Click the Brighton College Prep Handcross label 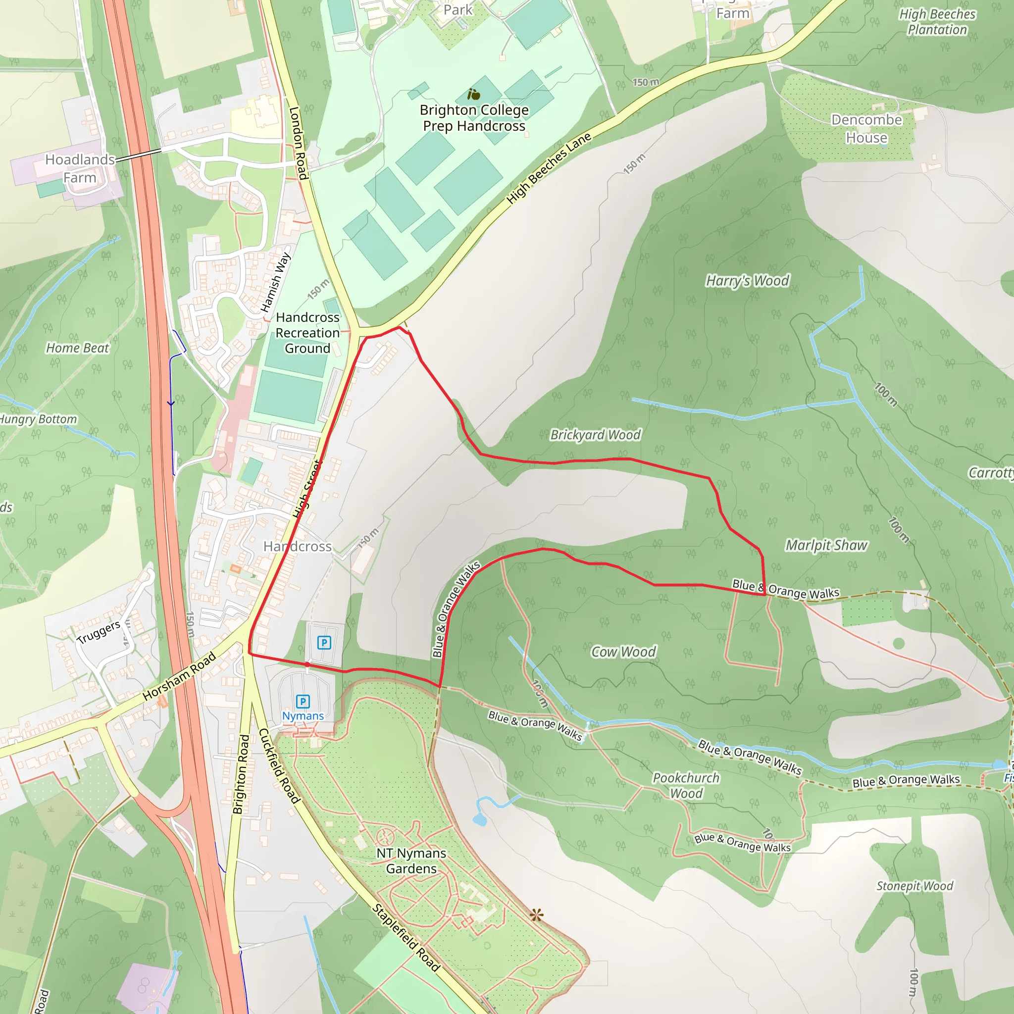pos(474,118)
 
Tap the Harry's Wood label pos(747,281)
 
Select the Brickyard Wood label pos(595,435)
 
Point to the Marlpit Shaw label pos(826,545)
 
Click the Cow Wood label pos(623,652)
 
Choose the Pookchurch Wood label pos(686,786)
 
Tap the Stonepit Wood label pos(914,886)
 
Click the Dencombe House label pos(866,129)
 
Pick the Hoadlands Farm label pos(80,168)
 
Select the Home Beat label pos(78,348)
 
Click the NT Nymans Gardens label pos(411,861)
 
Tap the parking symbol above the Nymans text pos(303,701)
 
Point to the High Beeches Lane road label pos(549,168)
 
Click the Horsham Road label pos(180,676)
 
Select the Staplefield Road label pos(406,937)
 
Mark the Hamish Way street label pos(276,282)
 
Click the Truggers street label pos(98,632)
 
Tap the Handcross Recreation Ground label pos(307,333)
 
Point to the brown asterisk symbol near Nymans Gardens pos(536,915)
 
